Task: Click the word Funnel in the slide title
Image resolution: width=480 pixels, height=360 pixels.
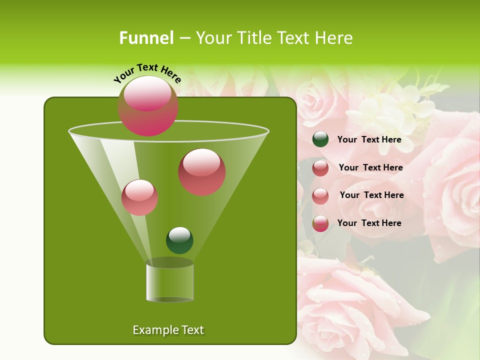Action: point(146,38)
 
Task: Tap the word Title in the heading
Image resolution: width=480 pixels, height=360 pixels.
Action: point(252,38)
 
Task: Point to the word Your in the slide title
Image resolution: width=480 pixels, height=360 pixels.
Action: point(213,38)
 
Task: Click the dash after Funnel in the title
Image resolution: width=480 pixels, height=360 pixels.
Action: point(184,38)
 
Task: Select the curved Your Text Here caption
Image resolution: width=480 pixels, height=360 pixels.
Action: point(147,73)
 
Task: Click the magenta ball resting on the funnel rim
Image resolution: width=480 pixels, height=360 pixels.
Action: point(148,106)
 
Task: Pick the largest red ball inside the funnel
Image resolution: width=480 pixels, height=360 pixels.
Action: point(201,172)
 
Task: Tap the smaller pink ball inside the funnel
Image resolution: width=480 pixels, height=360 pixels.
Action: point(139,197)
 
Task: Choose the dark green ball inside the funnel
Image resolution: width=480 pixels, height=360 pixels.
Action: point(179,240)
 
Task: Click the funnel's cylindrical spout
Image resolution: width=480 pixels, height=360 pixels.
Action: point(170,282)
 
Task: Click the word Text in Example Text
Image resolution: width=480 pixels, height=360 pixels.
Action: point(192,330)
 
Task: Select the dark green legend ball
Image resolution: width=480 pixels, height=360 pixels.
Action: point(320,139)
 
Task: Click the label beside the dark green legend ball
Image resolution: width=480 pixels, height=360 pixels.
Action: point(369,139)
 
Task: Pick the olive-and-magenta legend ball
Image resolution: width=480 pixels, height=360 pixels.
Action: point(320,223)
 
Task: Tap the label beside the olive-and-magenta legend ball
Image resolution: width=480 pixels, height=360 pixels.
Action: point(369,223)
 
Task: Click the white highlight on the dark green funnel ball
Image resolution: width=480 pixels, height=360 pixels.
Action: point(179,234)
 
